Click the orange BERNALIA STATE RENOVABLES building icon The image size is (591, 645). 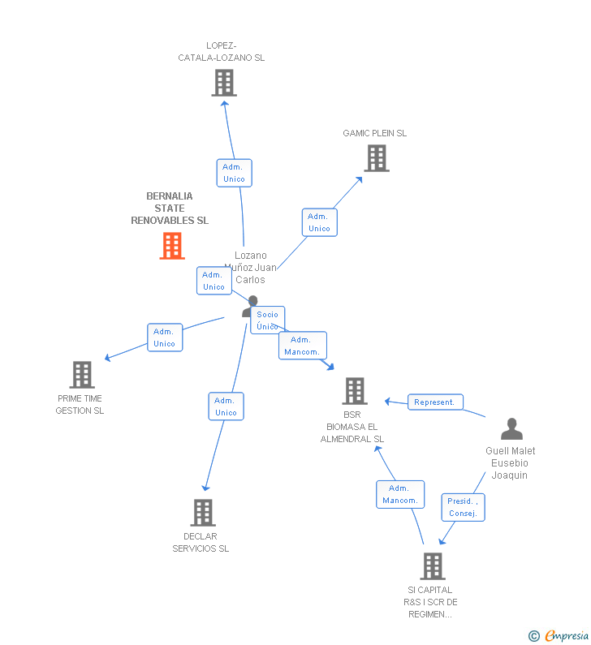click(172, 246)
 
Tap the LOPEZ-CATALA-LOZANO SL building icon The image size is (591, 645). click(224, 83)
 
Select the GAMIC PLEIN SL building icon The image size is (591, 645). click(377, 158)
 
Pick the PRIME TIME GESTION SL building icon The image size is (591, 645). click(82, 375)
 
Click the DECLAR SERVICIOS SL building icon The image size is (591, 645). click(203, 513)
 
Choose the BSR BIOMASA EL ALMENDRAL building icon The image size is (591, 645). click(355, 391)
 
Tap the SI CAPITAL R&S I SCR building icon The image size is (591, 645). click(433, 566)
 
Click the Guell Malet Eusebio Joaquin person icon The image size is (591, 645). click(511, 429)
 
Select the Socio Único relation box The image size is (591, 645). click(267, 320)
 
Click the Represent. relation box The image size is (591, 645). click(435, 402)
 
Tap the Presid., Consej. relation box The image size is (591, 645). click(463, 507)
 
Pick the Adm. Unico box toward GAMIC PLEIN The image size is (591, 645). click(319, 222)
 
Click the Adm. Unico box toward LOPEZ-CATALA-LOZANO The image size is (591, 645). click(234, 173)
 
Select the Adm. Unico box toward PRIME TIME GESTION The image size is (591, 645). click(165, 338)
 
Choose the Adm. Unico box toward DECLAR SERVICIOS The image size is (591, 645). click(226, 406)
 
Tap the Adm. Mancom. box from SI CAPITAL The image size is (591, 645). click(400, 494)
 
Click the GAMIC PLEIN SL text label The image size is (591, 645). click(374, 133)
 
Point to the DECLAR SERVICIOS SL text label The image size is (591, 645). click(201, 542)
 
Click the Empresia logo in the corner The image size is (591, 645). click(559, 636)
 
